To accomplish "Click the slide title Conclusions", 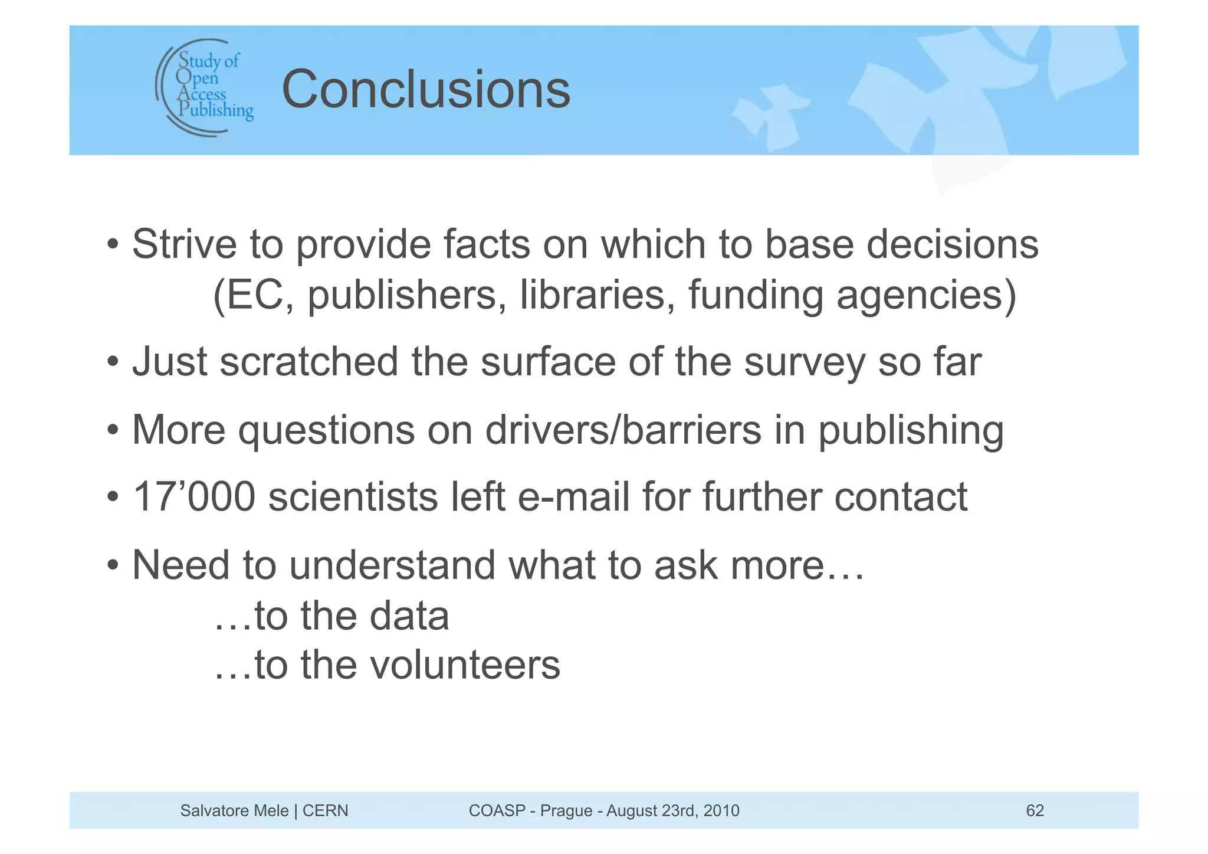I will (426, 90).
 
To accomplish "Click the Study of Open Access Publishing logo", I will (205, 87).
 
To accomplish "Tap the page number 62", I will (1035, 810).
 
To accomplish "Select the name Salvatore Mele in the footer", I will (234, 810).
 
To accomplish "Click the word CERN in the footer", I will (325, 810).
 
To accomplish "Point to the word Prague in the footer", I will (566, 810).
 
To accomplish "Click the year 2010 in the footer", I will (721, 810).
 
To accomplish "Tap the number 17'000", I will (194, 497).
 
